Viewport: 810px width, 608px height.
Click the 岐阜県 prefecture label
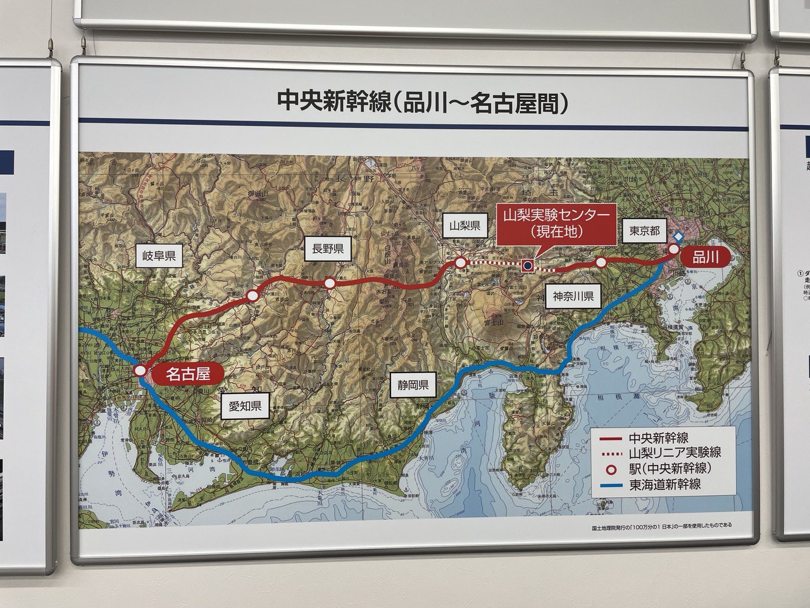(x=159, y=256)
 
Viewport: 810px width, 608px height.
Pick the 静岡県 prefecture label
(x=414, y=384)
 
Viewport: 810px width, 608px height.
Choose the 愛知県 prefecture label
(x=245, y=406)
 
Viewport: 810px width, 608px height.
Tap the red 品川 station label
(x=702, y=256)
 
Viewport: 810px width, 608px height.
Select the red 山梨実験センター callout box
(x=556, y=224)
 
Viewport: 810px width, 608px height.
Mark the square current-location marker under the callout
(x=526, y=265)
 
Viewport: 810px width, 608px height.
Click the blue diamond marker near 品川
(x=677, y=236)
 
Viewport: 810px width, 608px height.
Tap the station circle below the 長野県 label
(x=330, y=284)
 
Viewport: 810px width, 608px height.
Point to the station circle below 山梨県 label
(x=459, y=262)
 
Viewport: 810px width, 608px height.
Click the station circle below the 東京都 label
(x=601, y=262)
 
